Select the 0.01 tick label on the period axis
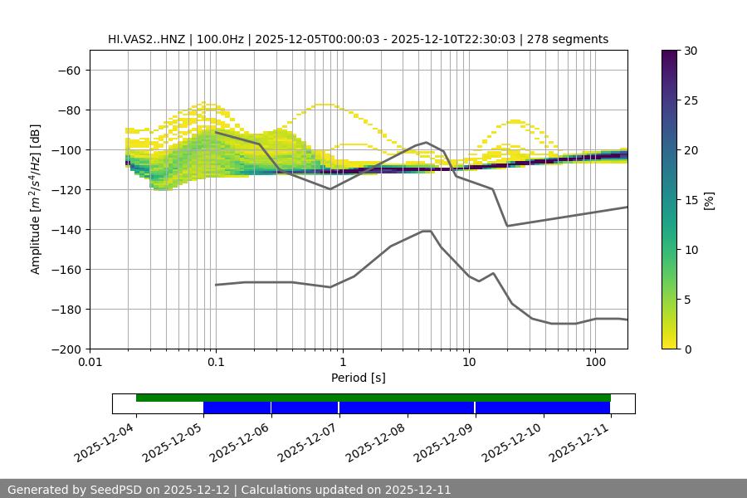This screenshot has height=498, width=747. pyautogui.click(x=90, y=363)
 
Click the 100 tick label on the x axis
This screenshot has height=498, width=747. pyautogui.click(x=595, y=363)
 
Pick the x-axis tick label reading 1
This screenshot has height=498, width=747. pyautogui.click(x=342, y=363)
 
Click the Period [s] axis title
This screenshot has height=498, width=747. pyautogui.click(x=359, y=378)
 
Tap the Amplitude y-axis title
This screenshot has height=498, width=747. pyautogui.click(x=36, y=199)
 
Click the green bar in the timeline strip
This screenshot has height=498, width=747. pyautogui.click(x=373, y=398)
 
